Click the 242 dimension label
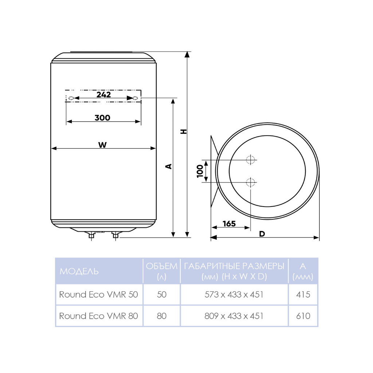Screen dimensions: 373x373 104,94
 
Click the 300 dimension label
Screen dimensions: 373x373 102,118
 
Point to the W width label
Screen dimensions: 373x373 102,145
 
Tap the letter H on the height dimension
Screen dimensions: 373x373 184,131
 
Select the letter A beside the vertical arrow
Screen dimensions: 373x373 169,166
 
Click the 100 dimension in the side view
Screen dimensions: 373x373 200,171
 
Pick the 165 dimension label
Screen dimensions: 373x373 229,224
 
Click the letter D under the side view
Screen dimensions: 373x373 262,234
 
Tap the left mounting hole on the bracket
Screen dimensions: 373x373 71,98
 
